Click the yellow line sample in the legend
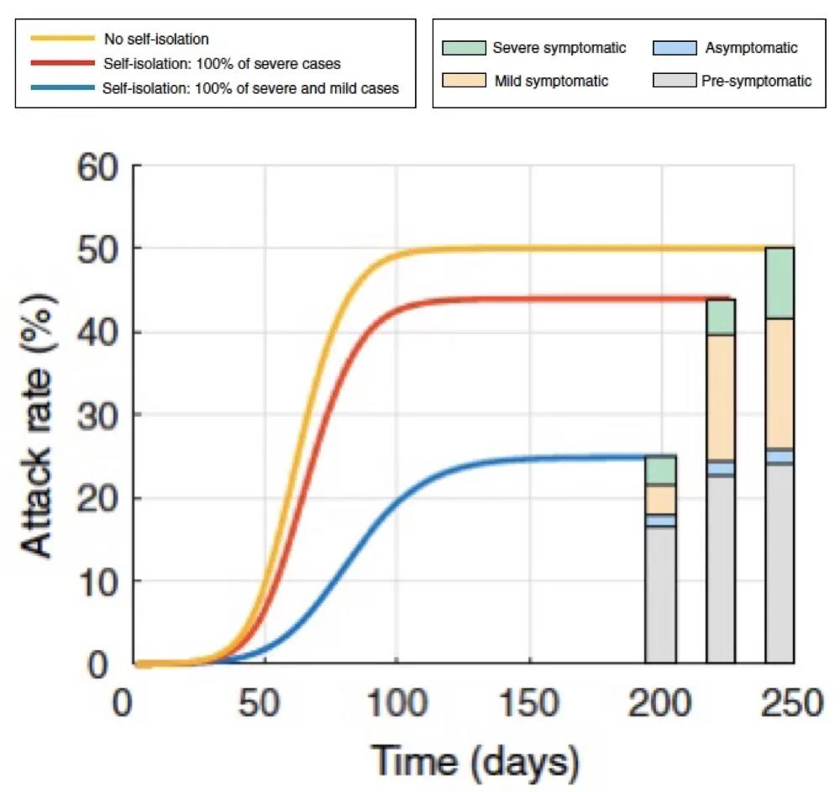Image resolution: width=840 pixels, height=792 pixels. pyautogui.click(x=62, y=39)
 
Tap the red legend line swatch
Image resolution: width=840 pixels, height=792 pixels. pyautogui.click(x=62, y=63)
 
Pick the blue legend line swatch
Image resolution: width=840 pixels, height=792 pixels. pyautogui.click(x=62, y=87)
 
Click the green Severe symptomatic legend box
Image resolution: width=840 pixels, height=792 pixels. pyautogui.click(x=464, y=48)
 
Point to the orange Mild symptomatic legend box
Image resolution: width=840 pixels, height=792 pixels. pyautogui.click(x=464, y=81)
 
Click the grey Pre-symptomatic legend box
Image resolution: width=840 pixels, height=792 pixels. pyautogui.click(x=675, y=81)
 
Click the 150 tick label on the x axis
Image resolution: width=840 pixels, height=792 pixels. pyautogui.click(x=529, y=702)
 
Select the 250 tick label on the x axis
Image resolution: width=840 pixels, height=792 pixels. pyautogui.click(x=793, y=702)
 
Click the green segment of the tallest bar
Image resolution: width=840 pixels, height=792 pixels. pyautogui.click(x=780, y=283)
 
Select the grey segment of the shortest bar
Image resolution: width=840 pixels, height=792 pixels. pyautogui.click(x=660, y=595)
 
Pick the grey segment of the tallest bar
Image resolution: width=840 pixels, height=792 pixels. pyautogui.click(x=780, y=564)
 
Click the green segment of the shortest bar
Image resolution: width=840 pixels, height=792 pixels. pyautogui.click(x=660, y=469)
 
